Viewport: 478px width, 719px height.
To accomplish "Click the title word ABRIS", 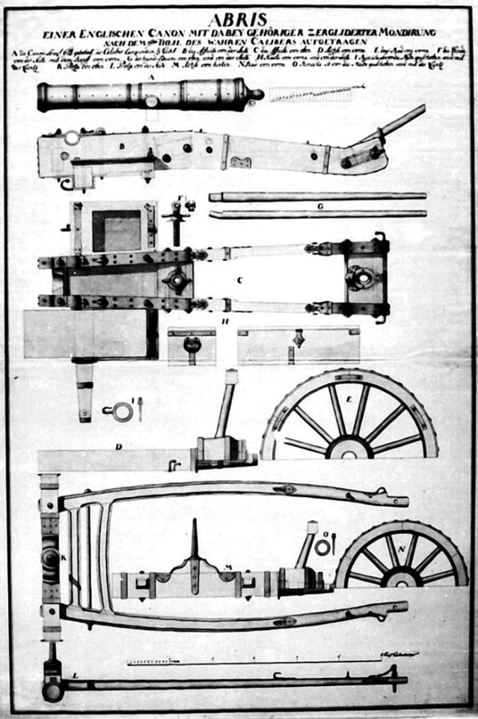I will [x=237, y=20].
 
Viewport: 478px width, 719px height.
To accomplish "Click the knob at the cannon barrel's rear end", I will [x=257, y=94].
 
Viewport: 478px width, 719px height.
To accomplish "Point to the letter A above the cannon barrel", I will [x=151, y=76].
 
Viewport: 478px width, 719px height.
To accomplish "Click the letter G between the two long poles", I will [x=319, y=205].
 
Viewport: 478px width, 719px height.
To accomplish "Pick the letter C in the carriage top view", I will [x=239, y=281].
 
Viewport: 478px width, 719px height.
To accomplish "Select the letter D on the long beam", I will [x=118, y=447].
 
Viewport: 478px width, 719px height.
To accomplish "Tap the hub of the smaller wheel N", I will [x=405, y=579].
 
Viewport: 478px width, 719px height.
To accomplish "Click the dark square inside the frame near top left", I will [x=116, y=231].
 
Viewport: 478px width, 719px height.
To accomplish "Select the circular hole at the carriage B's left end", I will [x=71, y=138].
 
